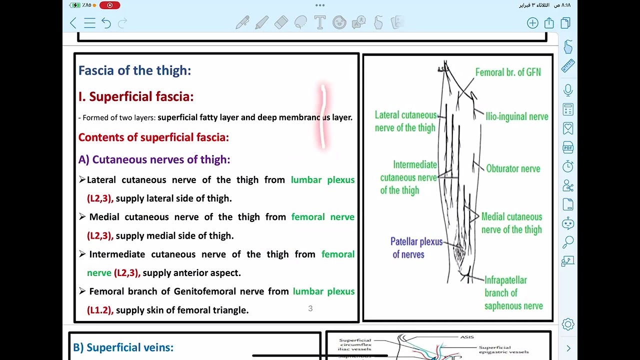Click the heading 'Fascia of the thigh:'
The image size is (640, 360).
tap(134, 70)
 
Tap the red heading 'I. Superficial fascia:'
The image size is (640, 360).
tap(135, 96)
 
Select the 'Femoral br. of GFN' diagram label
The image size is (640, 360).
tap(507, 72)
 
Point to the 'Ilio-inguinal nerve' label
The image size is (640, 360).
tap(516, 116)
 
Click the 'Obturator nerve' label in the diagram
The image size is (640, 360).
tap(513, 169)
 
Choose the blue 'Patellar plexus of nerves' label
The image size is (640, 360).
tap(416, 248)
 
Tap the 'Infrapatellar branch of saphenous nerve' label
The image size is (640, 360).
tap(513, 293)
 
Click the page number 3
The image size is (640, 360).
tap(310, 308)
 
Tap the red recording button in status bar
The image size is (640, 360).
tap(109, 5)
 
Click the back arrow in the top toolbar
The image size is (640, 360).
tap(73, 23)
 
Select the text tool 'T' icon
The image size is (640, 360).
tap(319, 22)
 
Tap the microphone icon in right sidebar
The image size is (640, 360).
tap(568, 90)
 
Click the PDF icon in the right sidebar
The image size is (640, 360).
tap(568, 147)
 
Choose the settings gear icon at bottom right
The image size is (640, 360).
tap(568, 324)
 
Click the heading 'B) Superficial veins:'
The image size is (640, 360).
tap(123, 347)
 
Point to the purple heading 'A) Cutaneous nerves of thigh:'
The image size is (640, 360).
tap(154, 159)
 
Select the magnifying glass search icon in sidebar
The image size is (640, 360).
tap(568, 242)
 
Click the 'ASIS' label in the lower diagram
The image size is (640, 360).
tap(466, 337)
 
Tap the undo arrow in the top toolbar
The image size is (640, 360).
tap(106, 23)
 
